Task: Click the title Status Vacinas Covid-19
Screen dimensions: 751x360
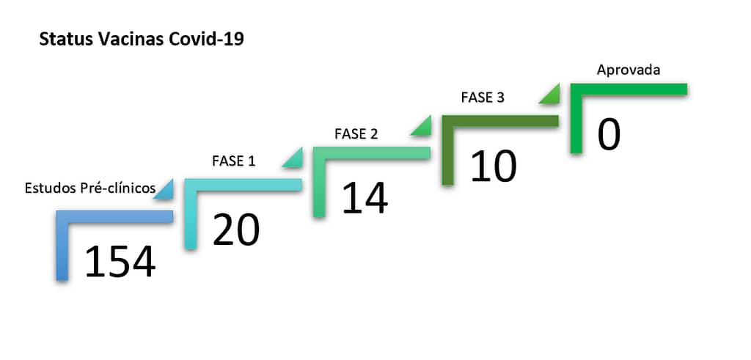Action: point(142,40)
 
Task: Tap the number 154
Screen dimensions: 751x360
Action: point(120,262)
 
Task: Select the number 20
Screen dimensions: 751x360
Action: point(235,230)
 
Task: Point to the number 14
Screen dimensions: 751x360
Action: point(364,198)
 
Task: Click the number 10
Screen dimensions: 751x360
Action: point(494,166)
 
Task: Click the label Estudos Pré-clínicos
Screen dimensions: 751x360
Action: point(90,188)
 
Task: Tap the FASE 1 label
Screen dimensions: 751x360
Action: point(234,161)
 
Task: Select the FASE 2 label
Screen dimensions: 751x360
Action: point(356,134)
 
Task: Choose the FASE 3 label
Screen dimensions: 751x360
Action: point(483,98)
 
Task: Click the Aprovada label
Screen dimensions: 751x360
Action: point(629,70)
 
